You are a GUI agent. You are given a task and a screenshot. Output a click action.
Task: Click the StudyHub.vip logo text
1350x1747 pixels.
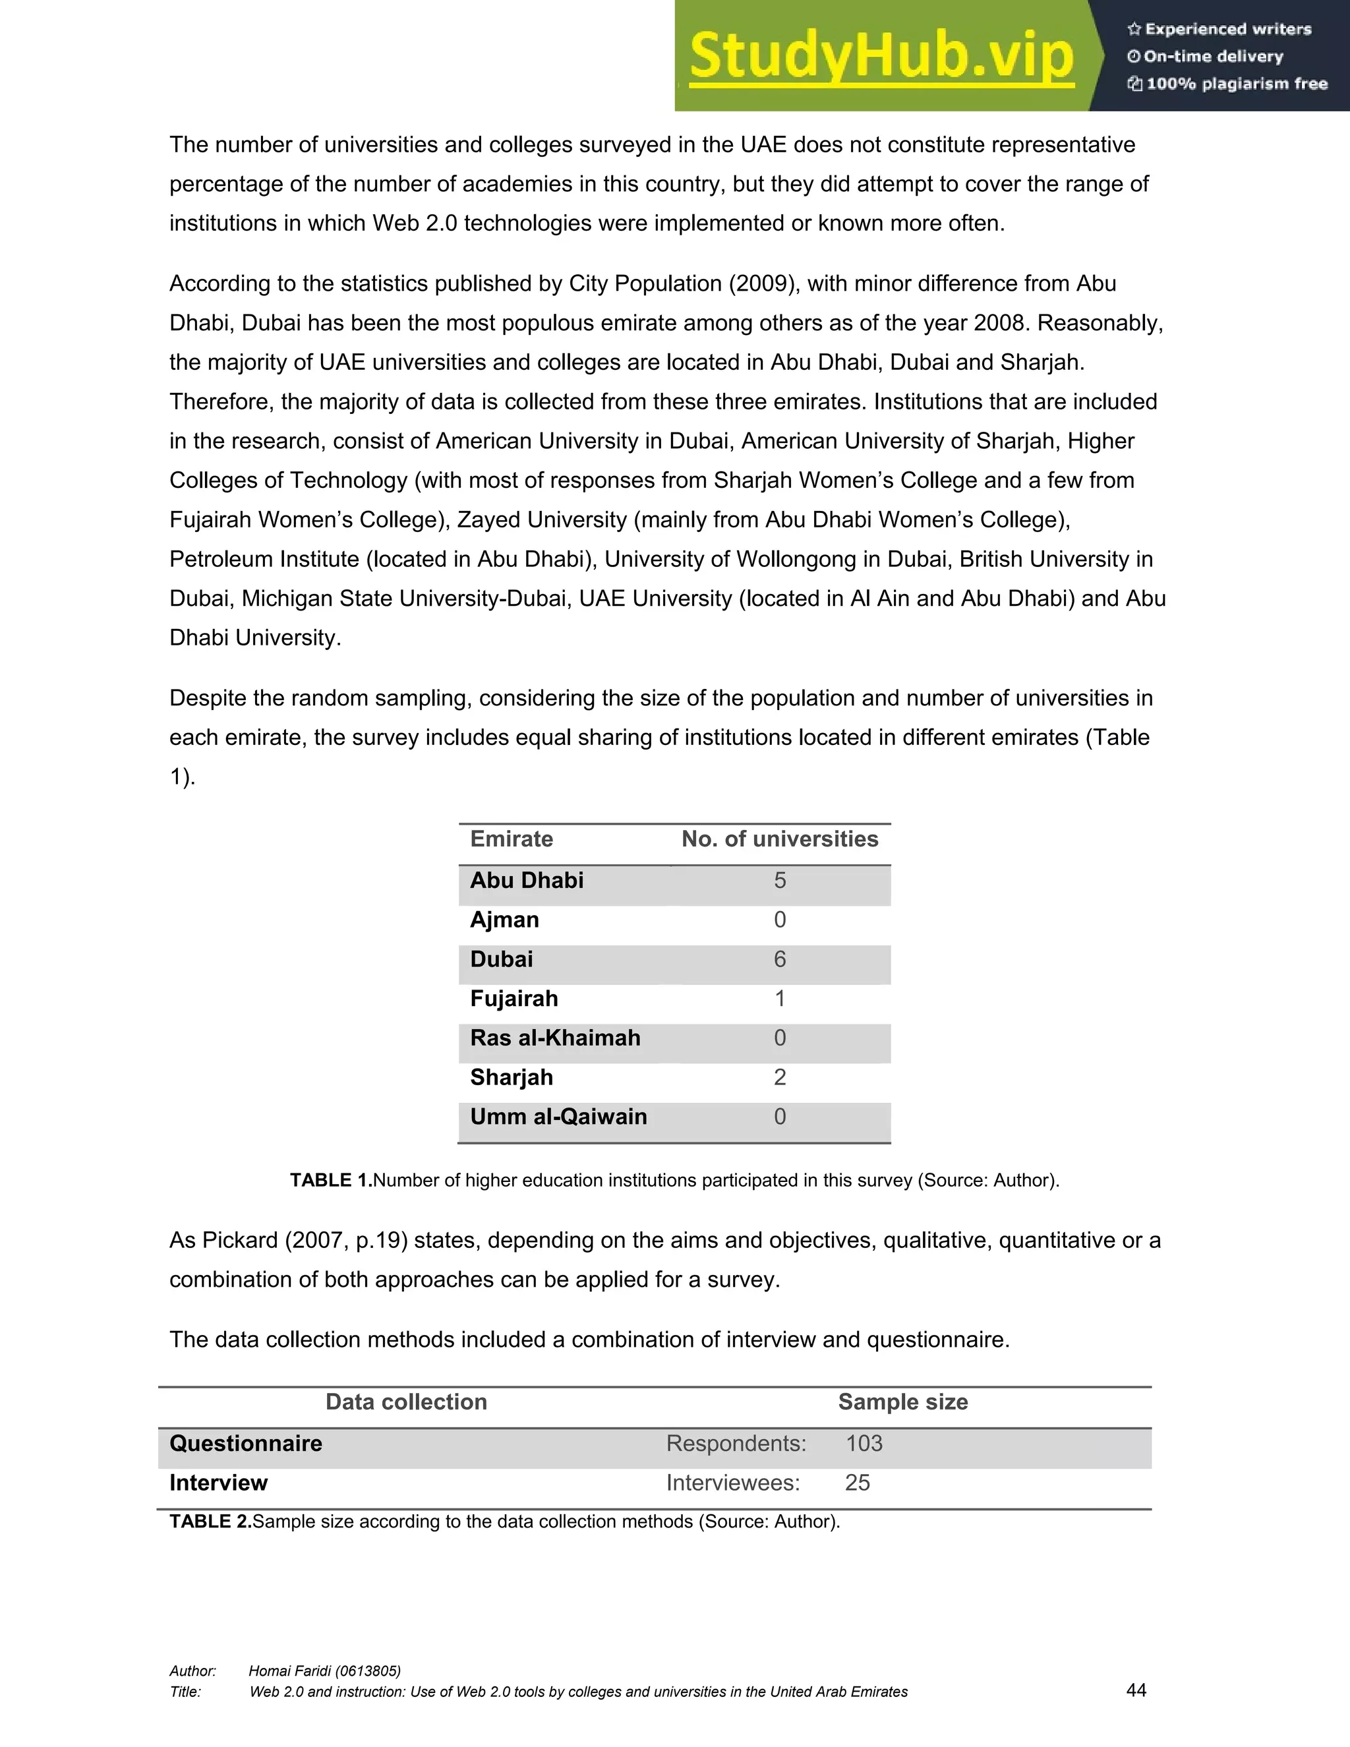(881, 56)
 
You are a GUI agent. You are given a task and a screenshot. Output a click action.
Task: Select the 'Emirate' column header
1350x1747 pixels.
(511, 839)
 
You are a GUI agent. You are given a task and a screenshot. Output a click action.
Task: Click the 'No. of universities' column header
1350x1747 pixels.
(779, 839)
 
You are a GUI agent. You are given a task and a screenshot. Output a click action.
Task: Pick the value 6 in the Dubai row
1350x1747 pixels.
(780, 959)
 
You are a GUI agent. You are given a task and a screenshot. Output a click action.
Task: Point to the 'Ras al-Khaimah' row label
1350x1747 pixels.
(555, 1038)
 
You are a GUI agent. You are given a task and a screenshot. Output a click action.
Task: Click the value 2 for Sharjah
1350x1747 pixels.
(780, 1077)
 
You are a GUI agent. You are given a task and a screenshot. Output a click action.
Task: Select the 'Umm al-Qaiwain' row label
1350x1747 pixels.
(558, 1117)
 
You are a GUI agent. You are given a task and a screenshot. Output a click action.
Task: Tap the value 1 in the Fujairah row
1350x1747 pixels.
(780, 999)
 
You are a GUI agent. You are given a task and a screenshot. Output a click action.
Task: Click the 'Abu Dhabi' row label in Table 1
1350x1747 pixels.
(526, 881)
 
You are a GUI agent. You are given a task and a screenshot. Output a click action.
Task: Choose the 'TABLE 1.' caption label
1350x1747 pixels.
(331, 1181)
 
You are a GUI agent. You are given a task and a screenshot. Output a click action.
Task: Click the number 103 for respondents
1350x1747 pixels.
(864, 1444)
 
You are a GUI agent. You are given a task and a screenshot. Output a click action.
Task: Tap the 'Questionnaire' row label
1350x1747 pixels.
(245, 1444)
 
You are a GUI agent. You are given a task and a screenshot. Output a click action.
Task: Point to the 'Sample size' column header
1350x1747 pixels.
(902, 1402)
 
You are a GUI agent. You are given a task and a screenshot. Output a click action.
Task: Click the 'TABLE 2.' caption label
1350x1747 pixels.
(210, 1522)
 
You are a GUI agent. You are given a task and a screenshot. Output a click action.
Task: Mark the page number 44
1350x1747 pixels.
(1136, 1690)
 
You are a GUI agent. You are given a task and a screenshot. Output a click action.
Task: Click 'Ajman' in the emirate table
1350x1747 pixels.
(504, 920)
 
